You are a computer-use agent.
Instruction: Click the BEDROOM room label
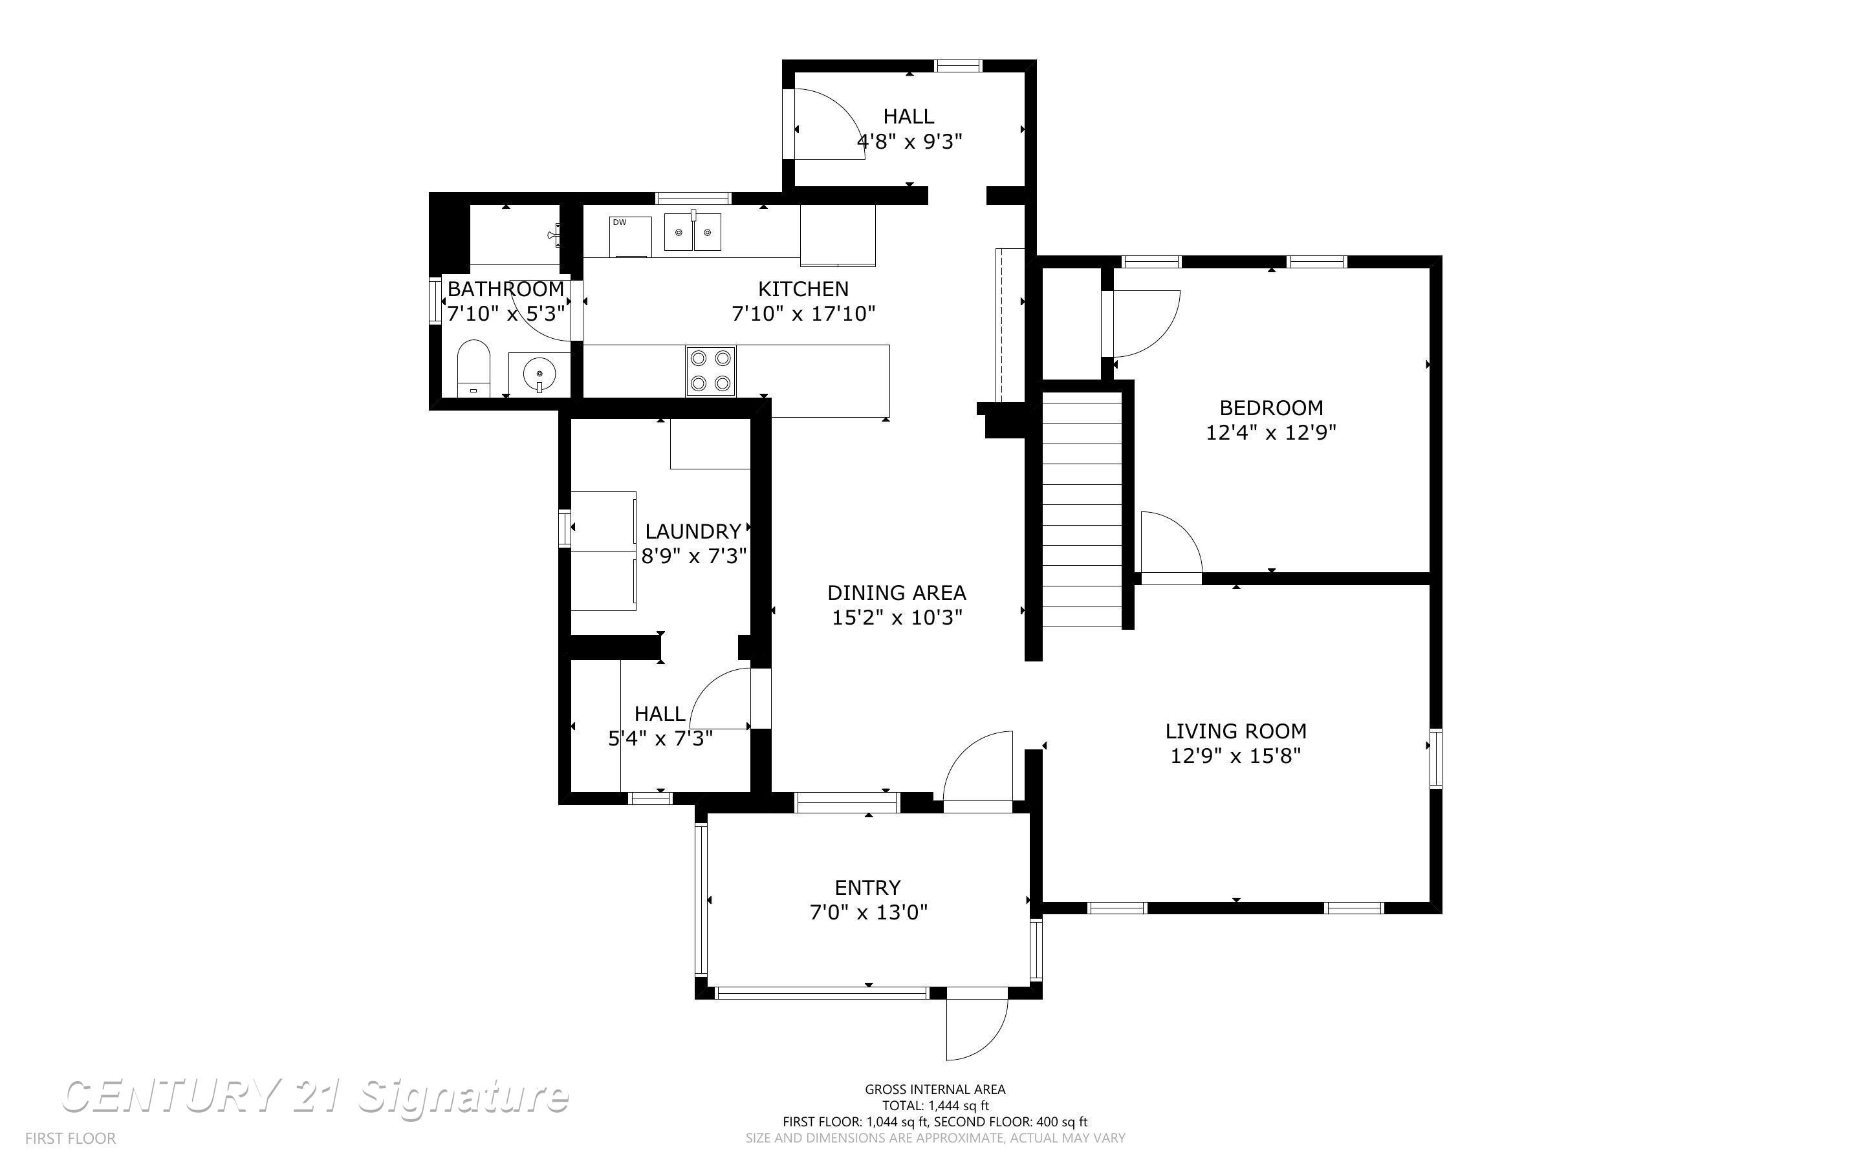[1271, 407]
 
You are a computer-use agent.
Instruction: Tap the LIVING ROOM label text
[1235, 731]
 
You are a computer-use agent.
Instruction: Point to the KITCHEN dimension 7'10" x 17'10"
[803, 314]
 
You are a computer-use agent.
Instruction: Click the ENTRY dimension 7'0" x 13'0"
[868, 912]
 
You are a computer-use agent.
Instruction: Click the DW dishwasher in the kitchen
[630, 237]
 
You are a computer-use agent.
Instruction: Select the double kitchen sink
[693, 232]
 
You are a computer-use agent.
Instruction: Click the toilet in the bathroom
[473, 368]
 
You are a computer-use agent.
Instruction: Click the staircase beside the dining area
[1082, 510]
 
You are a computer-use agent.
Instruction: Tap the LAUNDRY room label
[693, 532]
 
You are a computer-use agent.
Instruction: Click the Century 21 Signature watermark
[316, 1097]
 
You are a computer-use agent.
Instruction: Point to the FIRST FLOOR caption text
[71, 1138]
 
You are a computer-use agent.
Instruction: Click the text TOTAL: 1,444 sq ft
[935, 1106]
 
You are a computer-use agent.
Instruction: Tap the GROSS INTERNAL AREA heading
[935, 1089]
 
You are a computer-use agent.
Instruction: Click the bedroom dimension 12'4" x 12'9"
[1271, 432]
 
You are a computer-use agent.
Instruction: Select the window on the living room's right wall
[1436, 758]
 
